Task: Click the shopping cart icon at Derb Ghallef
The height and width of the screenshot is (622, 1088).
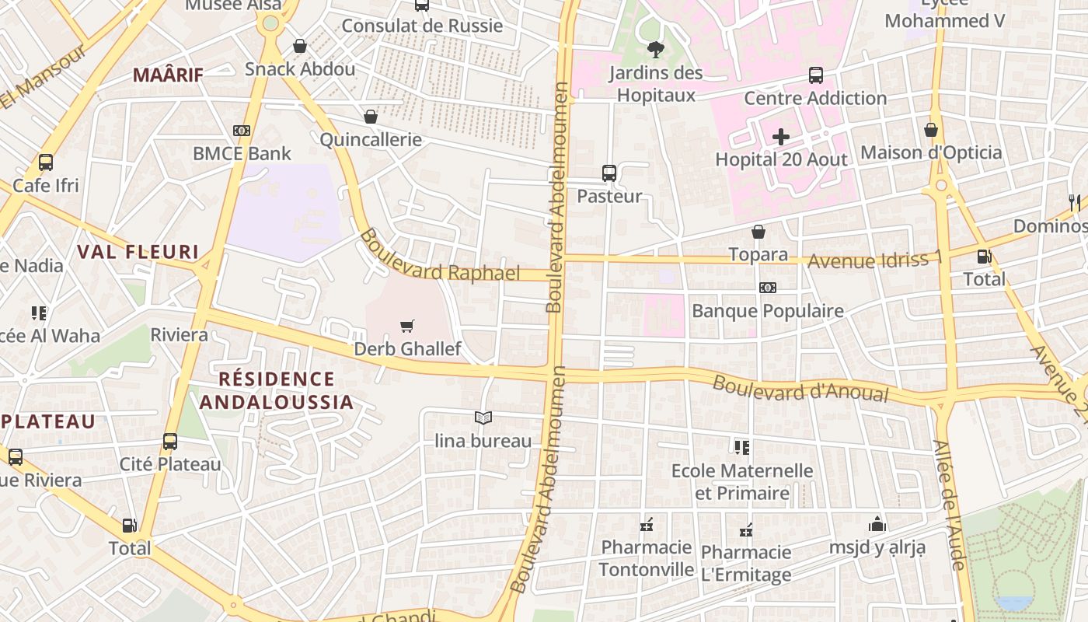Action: tap(406, 326)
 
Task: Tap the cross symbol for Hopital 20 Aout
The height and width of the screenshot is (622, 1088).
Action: tap(781, 138)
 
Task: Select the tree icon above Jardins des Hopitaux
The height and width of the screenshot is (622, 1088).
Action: tap(655, 50)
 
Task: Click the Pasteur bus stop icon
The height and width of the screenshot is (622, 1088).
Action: tap(609, 173)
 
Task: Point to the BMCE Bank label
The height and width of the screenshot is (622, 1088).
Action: tap(242, 153)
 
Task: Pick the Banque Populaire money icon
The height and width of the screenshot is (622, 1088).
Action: tap(768, 288)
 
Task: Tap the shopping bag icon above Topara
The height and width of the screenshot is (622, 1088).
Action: tap(758, 232)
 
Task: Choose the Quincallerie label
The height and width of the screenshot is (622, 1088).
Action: tap(371, 140)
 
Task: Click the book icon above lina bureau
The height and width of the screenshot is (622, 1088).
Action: tap(483, 418)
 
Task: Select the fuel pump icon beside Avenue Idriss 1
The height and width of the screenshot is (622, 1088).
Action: tap(984, 256)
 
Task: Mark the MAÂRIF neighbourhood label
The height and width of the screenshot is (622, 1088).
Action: tap(168, 75)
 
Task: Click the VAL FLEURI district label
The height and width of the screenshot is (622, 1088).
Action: tap(138, 252)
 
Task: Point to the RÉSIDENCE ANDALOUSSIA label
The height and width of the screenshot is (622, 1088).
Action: tap(277, 390)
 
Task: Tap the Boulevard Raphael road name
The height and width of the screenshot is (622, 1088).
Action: tap(439, 257)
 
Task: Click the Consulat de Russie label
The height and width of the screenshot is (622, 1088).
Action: tap(422, 26)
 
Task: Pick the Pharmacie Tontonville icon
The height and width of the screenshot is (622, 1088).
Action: tap(647, 526)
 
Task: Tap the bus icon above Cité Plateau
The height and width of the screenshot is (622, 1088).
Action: tap(170, 442)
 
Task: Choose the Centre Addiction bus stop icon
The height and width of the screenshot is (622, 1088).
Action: tap(815, 75)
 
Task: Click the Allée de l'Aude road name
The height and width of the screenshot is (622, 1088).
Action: tap(950, 505)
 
